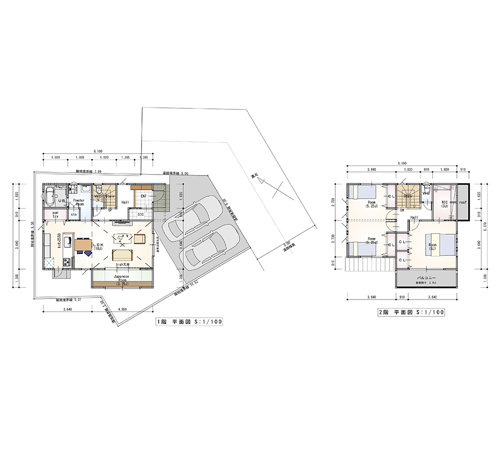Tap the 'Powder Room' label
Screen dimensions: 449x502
[78, 202]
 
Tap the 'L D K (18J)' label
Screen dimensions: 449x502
[97, 246]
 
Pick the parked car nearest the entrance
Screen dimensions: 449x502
[192, 219]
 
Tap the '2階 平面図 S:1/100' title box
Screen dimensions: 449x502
[411, 313]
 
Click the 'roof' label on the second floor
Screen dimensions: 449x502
[462, 203]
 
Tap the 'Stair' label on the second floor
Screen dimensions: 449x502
[408, 196]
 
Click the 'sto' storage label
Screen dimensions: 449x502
[73, 215]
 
